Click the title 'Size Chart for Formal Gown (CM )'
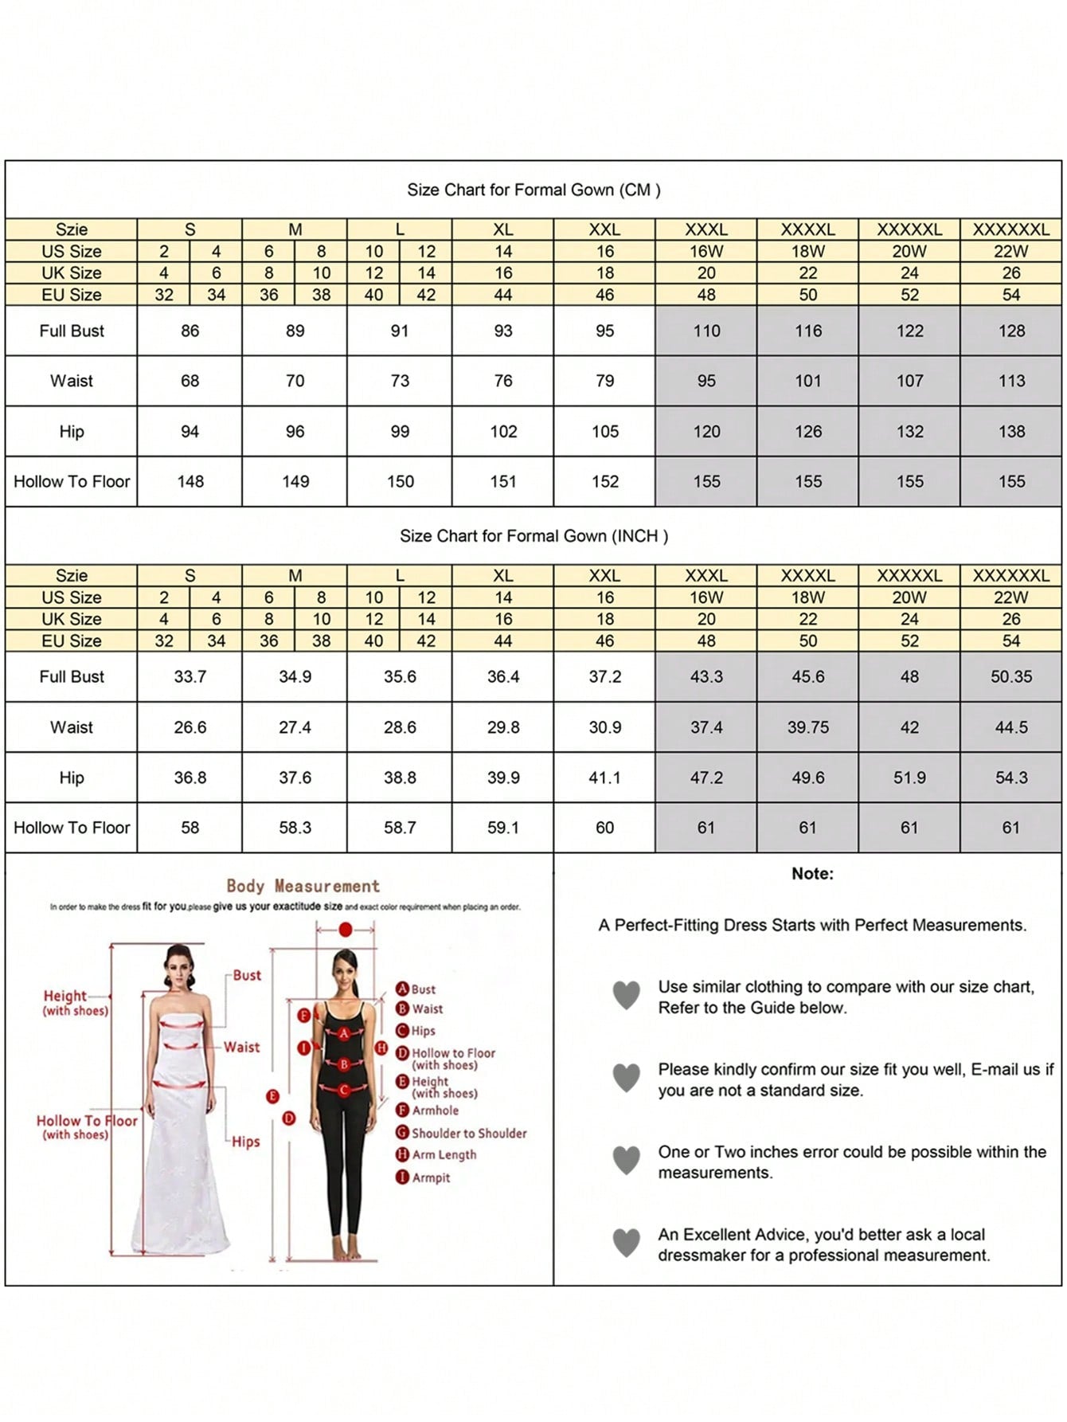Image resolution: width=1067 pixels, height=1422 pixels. coord(533,190)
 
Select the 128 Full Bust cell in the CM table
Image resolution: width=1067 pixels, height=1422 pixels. coord(1011,331)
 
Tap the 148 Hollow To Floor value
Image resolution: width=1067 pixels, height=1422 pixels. coord(190,481)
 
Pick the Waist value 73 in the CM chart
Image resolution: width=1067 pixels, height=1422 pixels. coord(400,381)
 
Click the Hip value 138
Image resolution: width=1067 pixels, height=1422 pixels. coord(1011,431)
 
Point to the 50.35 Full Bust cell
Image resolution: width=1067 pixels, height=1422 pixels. coord(1011,676)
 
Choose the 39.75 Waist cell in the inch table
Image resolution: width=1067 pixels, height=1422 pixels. coord(808,727)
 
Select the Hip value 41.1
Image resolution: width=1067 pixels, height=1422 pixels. coord(604,778)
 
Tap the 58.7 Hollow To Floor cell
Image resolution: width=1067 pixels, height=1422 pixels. coord(400,828)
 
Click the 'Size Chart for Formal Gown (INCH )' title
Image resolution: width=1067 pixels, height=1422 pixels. coord(533,536)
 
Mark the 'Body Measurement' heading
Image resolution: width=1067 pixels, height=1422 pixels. coord(303,886)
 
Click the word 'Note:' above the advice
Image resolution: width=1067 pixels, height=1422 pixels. coord(812,874)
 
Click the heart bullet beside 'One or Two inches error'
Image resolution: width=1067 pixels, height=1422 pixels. coord(627,1160)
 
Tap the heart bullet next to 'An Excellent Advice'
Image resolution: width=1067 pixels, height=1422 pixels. coord(627,1243)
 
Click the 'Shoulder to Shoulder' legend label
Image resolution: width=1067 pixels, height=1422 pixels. coord(469,1133)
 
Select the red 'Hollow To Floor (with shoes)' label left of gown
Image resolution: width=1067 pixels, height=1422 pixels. coord(86,1126)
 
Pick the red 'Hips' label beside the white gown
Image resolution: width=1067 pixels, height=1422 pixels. coord(246,1142)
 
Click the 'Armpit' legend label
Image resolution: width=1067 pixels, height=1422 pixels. coord(431,1177)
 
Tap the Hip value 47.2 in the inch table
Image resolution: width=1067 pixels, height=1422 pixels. coord(706,778)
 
